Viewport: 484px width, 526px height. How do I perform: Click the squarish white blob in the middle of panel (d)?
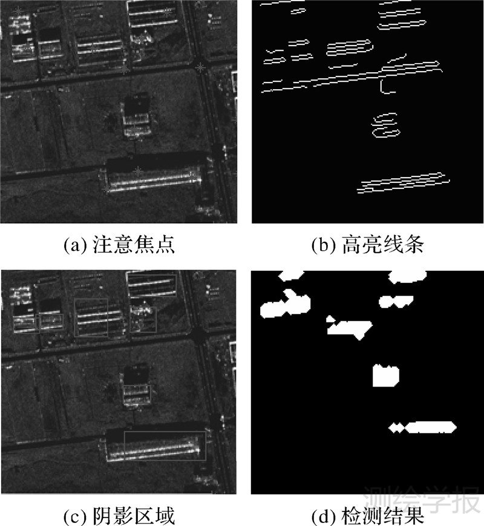tap(385, 376)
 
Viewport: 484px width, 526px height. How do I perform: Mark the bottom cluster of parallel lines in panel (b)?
tap(404, 182)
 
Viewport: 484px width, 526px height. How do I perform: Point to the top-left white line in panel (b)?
tap(281, 3)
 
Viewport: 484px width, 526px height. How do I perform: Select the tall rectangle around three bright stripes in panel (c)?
tap(91, 317)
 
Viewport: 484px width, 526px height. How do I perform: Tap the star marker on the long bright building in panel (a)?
tap(140, 172)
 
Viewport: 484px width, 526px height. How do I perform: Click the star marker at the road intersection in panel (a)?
tap(201, 67)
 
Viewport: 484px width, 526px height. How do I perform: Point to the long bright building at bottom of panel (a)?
tap(151, 179)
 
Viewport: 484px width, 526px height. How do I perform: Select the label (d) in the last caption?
tap(320, 516)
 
